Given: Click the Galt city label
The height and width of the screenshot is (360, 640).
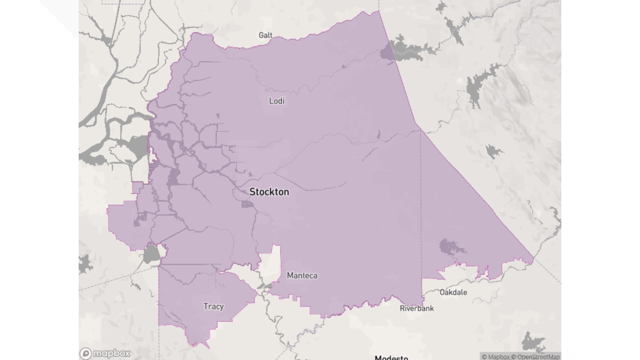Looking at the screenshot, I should [265, 35].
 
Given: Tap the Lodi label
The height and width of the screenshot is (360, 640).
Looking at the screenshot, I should [277, 101].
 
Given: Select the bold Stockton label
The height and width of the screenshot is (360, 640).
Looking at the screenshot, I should [269, 192].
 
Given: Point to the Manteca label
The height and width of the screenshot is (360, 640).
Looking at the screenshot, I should [302, 276].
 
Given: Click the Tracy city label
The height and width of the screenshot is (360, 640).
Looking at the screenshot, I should [214, 306].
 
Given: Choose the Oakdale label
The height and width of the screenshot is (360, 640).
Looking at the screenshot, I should [453, 292].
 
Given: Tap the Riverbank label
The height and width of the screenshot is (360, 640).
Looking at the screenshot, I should [417, 308].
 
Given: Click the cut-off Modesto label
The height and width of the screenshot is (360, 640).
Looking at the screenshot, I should [391, 357].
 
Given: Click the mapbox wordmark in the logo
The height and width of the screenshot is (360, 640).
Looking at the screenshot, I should [112, 353].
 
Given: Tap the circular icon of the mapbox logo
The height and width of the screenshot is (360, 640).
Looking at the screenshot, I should [86, 354].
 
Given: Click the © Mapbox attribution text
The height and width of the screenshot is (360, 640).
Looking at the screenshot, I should [496, 357].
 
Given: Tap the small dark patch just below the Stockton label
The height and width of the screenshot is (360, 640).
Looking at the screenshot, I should [247, 204].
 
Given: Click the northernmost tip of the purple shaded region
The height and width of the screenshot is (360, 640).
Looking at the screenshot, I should [378, 11].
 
